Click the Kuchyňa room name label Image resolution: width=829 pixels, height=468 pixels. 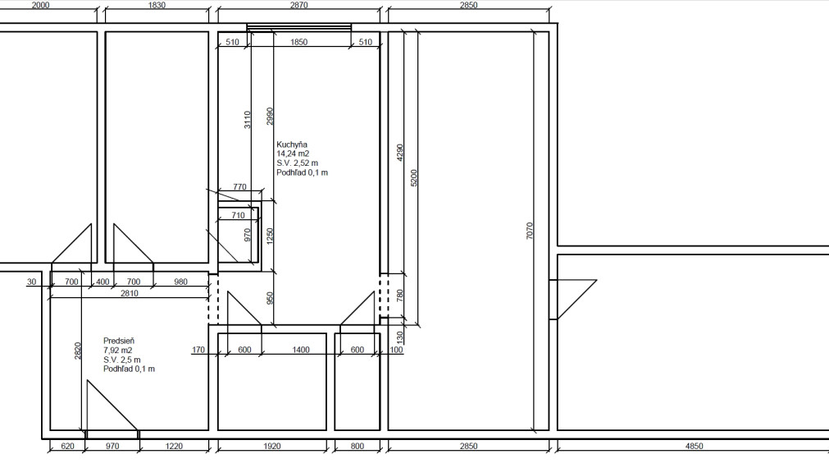pos(292,145)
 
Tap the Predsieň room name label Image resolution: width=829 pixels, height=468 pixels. pos(119,341)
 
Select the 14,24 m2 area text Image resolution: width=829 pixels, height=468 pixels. pos(293,154)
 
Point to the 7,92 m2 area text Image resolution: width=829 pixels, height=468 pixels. pos(118,350)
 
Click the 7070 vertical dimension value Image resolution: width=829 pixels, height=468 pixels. pos(530,231)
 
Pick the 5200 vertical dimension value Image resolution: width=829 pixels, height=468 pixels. pos(414,178)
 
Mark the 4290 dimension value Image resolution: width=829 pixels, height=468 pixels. pos(399,153)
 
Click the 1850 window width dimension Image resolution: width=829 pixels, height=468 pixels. pos(298,42)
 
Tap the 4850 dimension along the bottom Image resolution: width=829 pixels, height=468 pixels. pos(695,446)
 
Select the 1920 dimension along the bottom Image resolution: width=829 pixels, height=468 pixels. pos(271,446)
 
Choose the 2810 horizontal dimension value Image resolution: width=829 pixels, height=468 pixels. pos(130,293)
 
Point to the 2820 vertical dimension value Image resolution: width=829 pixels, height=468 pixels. pos(78,351)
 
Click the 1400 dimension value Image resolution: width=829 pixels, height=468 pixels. pos(301,350)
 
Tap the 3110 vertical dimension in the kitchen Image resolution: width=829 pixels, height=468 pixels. pos(248,120)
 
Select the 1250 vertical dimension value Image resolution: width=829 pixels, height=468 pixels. pos(270,236)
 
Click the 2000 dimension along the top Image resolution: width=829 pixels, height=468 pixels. pos(41,5)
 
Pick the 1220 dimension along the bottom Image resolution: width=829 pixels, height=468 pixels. pos(174,446)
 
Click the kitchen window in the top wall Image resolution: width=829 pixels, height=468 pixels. pos(299,28)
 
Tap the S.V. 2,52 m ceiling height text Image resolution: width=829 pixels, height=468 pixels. pos(297,163)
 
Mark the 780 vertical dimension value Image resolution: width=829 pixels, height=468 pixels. pos(399,296)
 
